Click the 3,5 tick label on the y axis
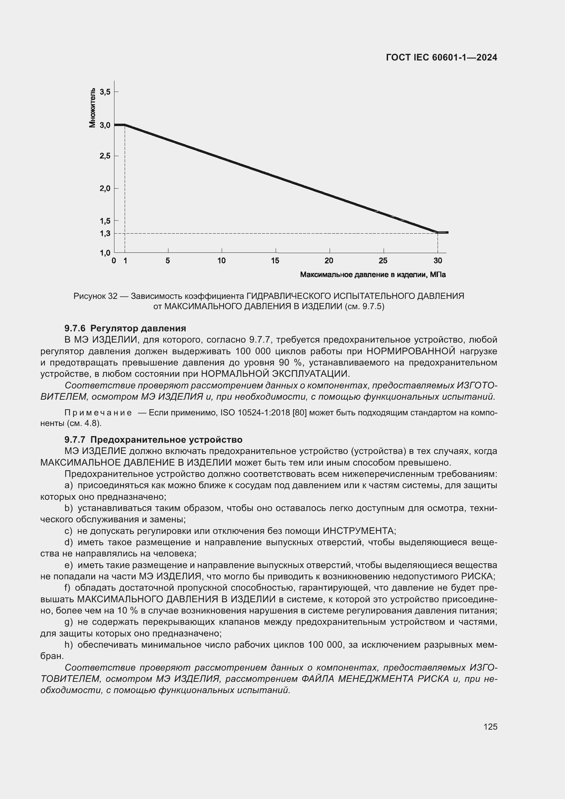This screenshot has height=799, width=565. (105, 92)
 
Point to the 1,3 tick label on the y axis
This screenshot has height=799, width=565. (105, 234)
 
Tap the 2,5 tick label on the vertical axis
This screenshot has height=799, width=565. (105, 156)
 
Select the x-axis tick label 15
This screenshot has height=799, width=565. (275, 261)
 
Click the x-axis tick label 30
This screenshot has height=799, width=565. (438, 261)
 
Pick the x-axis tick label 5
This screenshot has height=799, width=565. (168, 261)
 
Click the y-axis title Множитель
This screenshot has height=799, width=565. (92, 108)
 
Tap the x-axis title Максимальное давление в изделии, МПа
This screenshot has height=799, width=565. (373, 275)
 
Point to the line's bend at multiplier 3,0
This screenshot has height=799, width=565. (125, 125)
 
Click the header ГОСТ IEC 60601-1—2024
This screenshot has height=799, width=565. (441, 58)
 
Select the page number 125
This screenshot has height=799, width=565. (490, 727)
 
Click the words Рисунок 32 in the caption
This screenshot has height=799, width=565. (95, 296)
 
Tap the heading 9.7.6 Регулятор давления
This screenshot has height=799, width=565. (125, 328)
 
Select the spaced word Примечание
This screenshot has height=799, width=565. (98, 413)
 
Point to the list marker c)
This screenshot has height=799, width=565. (69, 531)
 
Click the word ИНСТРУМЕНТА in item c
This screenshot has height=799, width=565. (359, 531)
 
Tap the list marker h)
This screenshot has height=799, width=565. (69, 645)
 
